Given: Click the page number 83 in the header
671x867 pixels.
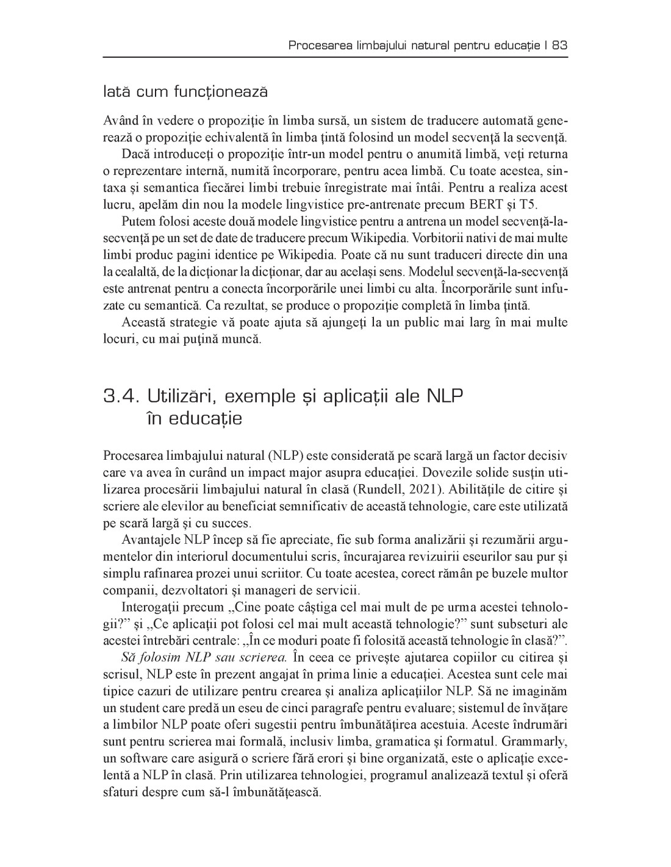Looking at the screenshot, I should [560, 45].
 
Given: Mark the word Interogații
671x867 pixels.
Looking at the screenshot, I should [151, 607].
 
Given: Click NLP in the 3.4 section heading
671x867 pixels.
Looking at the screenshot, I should [442, 397].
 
